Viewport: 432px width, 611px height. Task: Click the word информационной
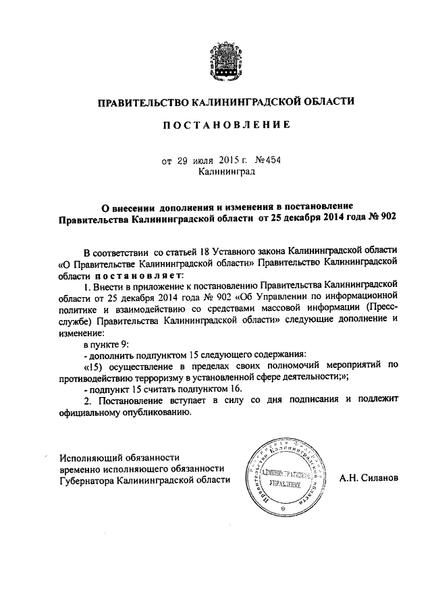362,300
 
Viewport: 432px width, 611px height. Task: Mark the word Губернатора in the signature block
86,480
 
